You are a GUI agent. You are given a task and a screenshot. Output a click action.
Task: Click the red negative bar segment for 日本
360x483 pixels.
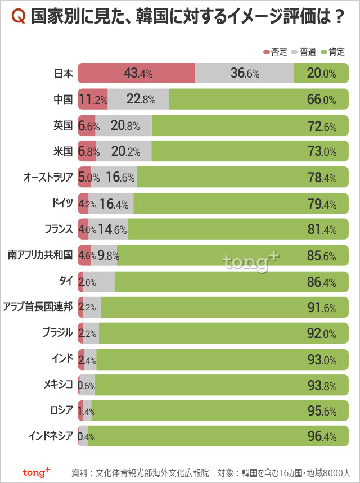136,73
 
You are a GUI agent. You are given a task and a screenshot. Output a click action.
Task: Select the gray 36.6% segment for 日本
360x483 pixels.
244,73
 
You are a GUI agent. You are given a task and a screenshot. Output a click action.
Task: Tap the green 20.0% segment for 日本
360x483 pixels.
321,73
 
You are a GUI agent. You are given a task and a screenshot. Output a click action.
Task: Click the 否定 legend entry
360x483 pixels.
275,52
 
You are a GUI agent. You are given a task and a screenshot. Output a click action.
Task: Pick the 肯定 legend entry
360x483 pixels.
332,52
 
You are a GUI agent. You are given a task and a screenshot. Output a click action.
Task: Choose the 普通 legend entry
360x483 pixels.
304,52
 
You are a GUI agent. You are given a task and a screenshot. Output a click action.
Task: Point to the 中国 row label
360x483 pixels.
63,100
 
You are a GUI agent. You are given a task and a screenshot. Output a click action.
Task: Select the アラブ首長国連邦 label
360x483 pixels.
38,307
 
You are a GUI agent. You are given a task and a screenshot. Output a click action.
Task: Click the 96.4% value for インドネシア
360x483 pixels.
322,436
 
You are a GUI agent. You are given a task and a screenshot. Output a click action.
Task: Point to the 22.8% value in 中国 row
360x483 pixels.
141,100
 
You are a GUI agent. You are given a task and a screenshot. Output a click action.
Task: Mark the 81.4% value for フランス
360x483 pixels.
322,229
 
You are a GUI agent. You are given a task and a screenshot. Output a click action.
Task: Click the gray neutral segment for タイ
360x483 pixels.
100,281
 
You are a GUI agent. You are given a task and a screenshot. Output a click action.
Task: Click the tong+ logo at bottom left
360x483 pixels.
36,471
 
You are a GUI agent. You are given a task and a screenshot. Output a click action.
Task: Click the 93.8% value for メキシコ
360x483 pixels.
322,385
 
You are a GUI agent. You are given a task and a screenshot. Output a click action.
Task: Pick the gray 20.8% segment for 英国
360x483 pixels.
125,126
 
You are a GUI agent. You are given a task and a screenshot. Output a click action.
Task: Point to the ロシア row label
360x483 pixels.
58,410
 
